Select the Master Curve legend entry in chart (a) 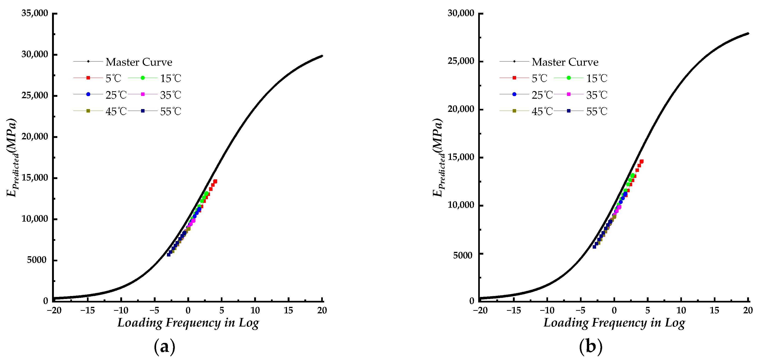[x=139, y=62]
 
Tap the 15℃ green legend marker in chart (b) [x=568, y=78]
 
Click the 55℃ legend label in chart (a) [x=170, y=111]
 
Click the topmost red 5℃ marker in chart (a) [x=215, y=181]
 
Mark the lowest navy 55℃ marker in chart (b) [x=594, y=247]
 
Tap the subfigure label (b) [x=591, y=346]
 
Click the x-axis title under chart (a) [x=188, y=323]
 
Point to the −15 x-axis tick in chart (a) [x=87, y=310]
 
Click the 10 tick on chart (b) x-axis [x=681, y=310]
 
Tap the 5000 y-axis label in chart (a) [x=37, y=260]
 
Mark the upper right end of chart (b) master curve [x=748, y=34]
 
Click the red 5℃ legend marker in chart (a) [x=88, y=78]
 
